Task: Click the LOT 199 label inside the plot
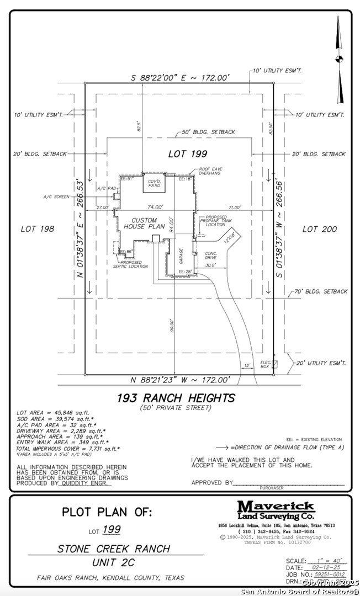click(188, 154)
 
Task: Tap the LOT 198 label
click(38, 228)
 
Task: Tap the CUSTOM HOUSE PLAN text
click(144, 223)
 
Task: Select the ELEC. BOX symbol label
click(265, 364)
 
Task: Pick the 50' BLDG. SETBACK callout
click(208, 132)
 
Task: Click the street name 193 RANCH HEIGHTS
click(176, 398)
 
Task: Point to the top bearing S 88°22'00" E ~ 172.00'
click(179, 78)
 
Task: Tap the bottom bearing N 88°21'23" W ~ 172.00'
click(179, 380)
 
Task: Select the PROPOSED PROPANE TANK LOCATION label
click(215, 221)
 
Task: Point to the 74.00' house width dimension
click(155, 207)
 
